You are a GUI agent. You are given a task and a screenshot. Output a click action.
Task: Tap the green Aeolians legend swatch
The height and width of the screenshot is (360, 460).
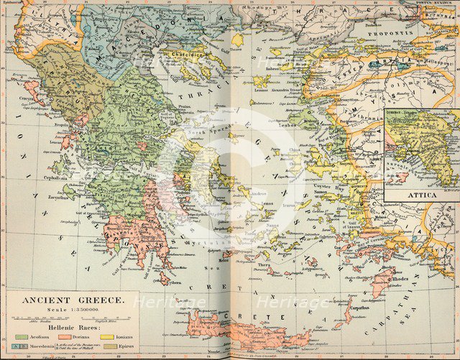[22, 336]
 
